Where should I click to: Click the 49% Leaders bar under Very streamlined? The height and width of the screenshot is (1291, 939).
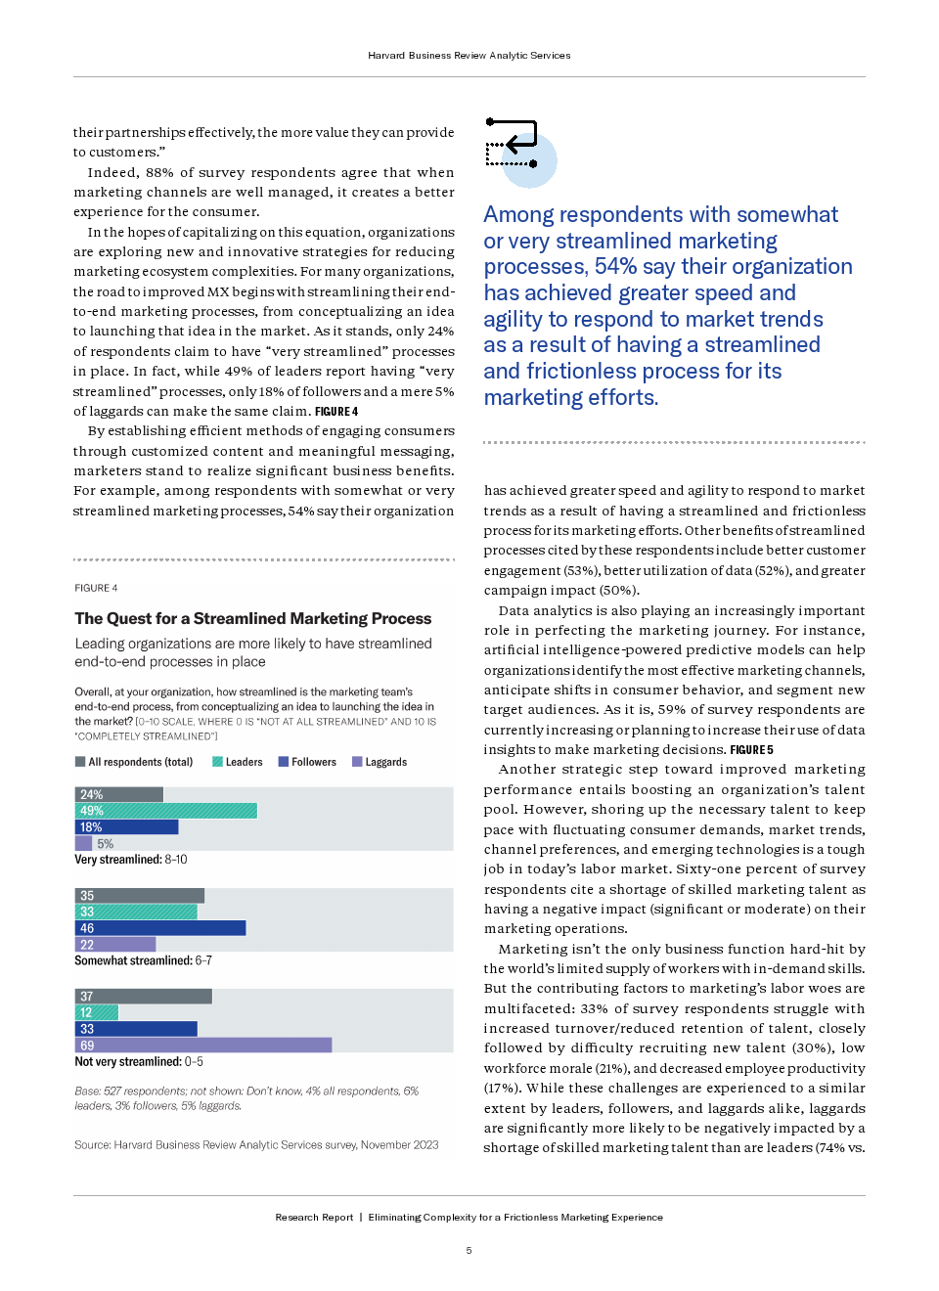(x=166, y=811)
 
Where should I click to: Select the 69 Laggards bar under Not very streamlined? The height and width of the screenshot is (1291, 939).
(x=203, y=1046)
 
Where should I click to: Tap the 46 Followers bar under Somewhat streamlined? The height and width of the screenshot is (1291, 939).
(x=160, y=928)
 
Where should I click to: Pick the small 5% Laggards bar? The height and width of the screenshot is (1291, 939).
(x=84, y=843)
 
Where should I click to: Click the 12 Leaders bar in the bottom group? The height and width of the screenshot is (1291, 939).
(x=97, y=1013)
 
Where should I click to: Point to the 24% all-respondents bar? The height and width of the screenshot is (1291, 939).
(x=119, y=794)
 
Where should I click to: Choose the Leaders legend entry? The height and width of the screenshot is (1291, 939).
(x=238, y=762)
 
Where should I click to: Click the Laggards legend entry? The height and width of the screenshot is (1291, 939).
(x=380, y=762)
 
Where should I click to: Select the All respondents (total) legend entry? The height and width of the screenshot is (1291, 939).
(x=134, y=762)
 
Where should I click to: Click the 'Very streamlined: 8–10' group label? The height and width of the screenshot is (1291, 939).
(x=131, y=860)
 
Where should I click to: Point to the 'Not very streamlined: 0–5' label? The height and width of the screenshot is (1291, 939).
(x=139, y=1062)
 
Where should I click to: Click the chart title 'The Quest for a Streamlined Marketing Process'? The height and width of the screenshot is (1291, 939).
(x=252, y=619)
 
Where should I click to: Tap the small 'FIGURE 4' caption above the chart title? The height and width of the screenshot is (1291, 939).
(x=96, y=588)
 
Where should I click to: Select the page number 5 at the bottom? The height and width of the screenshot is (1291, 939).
(x=469, y=1251)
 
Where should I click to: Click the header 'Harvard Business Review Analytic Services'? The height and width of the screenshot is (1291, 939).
(x=469, y=56)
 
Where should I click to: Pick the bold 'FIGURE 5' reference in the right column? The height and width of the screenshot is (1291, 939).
(x=751, y=750)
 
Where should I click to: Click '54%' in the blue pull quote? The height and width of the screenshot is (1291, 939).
(x=616, y=267)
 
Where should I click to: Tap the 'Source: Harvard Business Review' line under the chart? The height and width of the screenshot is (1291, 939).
(x=256, y=1145)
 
